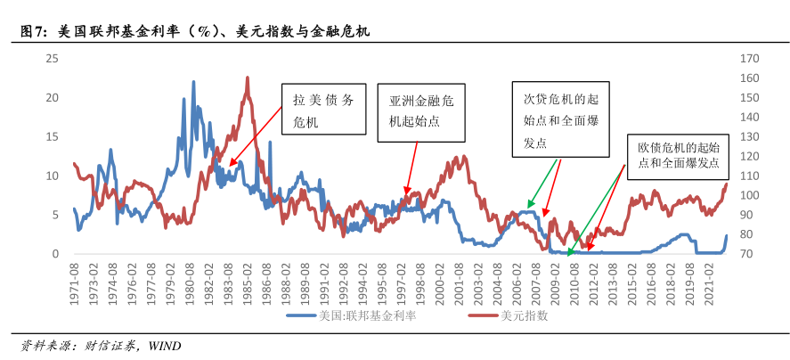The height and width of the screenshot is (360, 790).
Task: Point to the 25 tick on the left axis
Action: (x=52, y=59)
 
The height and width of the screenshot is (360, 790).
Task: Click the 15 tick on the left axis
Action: (x=52, y=137)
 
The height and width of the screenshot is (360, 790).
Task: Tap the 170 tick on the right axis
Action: (x=749, y=59)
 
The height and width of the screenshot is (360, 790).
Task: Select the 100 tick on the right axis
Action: (x=749, y=196)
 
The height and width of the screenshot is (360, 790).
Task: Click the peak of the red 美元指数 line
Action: (x=247, y=78)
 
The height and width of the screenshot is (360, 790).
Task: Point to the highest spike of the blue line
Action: (x=193, y=82)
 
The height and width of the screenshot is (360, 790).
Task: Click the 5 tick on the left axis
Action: (x=54, y=215)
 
